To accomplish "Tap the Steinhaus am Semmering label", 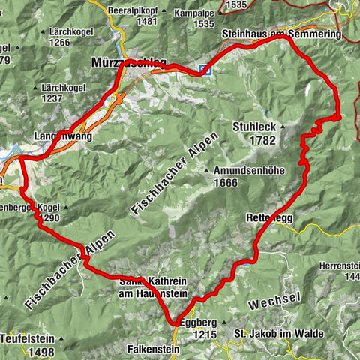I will point(281,35).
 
